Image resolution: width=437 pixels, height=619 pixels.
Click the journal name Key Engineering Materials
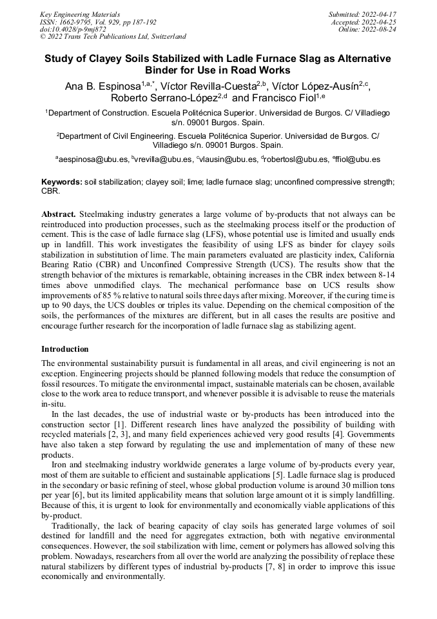click(80, 14)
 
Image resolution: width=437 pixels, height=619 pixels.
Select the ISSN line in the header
click(97, 21)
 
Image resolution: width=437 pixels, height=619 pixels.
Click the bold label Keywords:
click(62, 183)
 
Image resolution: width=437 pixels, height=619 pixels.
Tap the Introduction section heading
click(65, 349)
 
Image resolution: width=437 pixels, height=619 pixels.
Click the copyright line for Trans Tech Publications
click(113, 37)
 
